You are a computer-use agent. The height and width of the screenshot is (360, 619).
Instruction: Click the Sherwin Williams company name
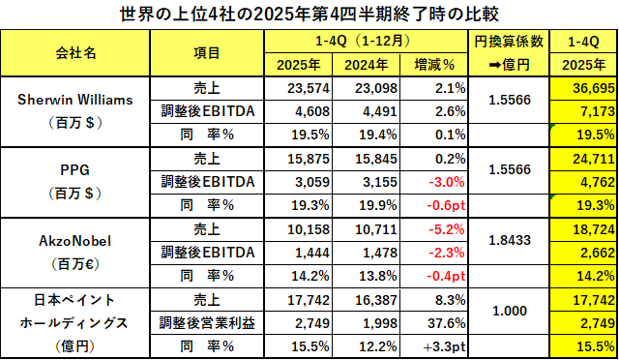click(75, 100)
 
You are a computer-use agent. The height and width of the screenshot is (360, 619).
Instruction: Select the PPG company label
click(75, 170)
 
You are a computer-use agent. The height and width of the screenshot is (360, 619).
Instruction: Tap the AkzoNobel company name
click(75, 241)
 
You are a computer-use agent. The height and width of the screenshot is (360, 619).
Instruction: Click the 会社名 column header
click(75, 52)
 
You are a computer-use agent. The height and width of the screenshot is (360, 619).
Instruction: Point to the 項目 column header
click(206, 52)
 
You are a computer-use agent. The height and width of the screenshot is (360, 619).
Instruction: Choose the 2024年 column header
click(366, 65)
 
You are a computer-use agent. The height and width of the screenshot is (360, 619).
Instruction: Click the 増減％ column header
click(434, 65)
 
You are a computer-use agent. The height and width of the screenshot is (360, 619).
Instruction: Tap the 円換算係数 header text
click(509, 42)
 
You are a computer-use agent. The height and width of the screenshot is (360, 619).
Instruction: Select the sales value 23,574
click(309, 88)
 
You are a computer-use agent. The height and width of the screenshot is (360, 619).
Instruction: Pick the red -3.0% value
click(447, 182)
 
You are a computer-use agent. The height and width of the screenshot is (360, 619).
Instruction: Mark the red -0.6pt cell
click(446, 205)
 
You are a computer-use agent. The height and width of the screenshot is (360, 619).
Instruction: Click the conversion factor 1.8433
click(510, 240)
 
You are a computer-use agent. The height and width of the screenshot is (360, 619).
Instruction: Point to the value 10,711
click(376, 229)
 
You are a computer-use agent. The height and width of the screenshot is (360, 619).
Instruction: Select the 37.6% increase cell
click(447, 323)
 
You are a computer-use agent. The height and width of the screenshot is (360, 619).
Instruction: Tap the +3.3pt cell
click(445, 347)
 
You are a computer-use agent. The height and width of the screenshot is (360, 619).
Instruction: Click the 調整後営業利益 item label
click(207, 323)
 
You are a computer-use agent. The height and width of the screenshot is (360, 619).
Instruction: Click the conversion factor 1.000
click(510, 311)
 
